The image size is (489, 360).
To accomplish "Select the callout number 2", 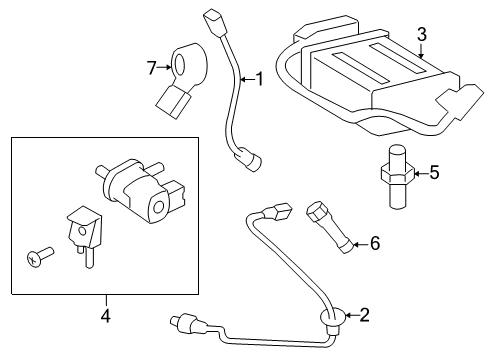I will [364, 316].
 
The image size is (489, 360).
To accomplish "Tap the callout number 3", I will [421, 35].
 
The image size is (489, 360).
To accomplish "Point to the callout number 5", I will [433, 172].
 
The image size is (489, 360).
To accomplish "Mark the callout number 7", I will [152, 68].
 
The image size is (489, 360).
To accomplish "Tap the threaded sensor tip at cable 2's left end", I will [182, 325].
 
